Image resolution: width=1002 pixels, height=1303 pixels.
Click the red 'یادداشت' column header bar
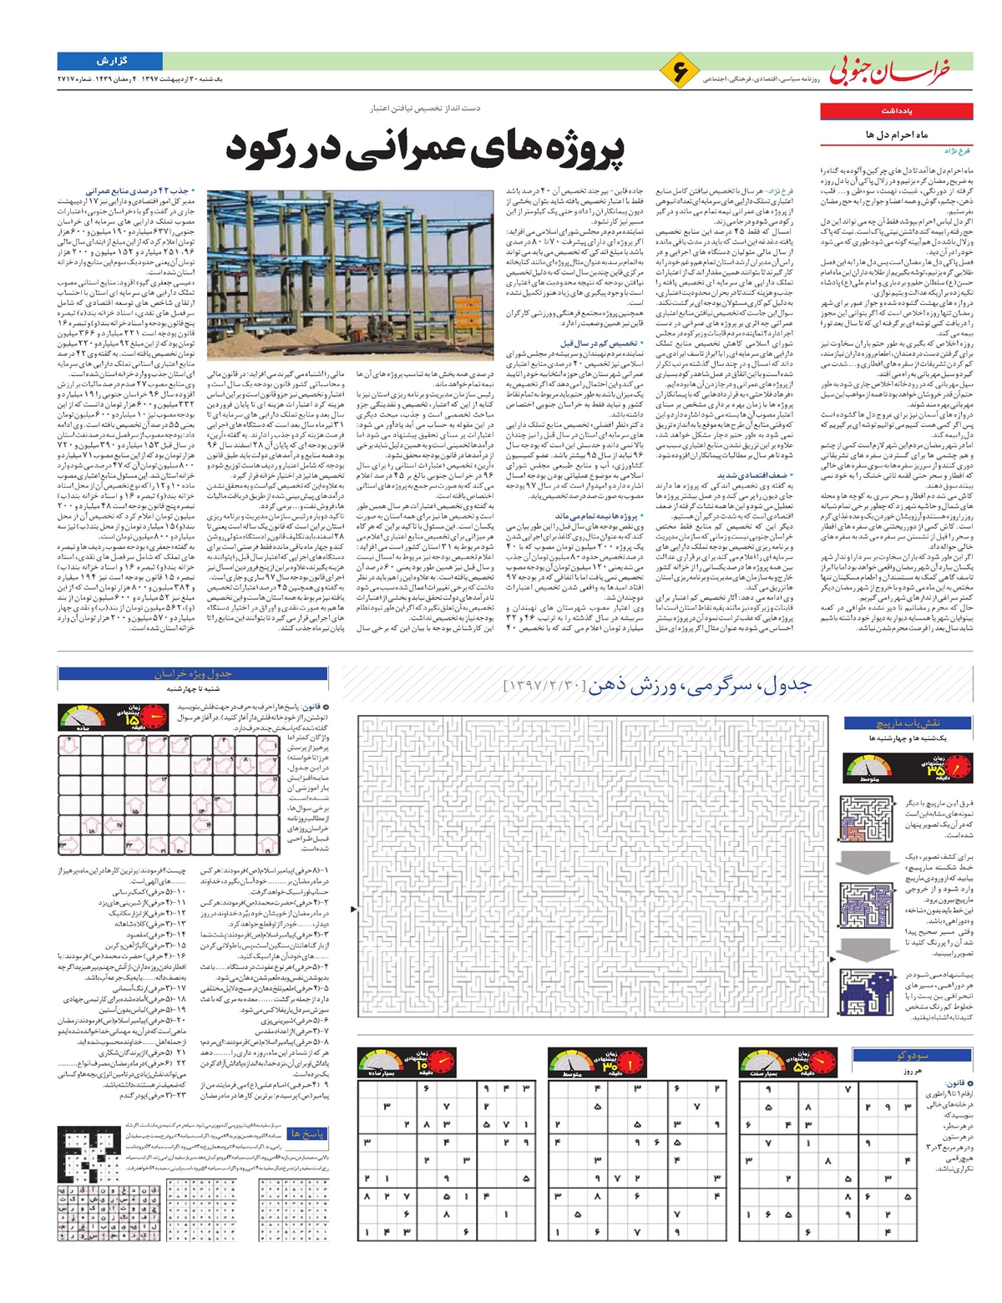pos(896,111)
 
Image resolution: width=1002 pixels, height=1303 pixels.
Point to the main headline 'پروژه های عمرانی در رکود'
pos(425,148)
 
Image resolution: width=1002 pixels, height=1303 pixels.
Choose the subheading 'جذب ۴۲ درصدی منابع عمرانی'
pos(137,191)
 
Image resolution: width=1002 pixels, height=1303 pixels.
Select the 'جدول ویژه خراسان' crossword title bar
pos(192,674)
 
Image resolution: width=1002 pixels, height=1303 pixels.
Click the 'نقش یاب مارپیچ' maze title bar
pos(908,723)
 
